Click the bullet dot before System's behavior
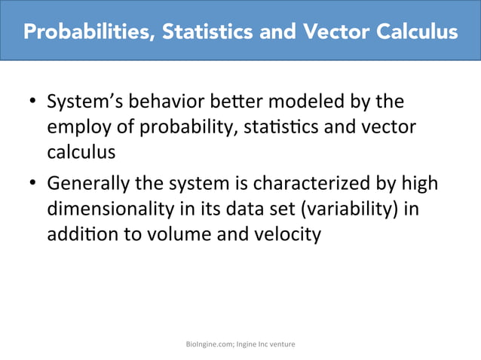[33, 102]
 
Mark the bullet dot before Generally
[33, 185]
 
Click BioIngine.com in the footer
[210, 344]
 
